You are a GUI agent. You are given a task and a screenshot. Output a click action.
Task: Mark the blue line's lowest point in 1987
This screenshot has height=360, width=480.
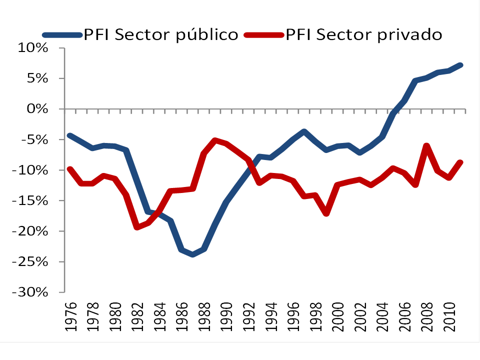192,254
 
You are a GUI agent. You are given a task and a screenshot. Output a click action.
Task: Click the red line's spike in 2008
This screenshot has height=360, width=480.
426,146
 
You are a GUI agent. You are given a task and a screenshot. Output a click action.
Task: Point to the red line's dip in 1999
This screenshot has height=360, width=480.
326,213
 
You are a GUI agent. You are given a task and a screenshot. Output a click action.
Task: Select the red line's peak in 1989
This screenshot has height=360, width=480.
215,140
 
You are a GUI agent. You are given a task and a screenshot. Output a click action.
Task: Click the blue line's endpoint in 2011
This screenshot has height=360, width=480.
460,65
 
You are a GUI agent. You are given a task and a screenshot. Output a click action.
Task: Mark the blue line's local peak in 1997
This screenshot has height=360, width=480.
304,131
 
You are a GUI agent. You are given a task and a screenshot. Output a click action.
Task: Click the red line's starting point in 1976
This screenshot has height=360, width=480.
69,169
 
